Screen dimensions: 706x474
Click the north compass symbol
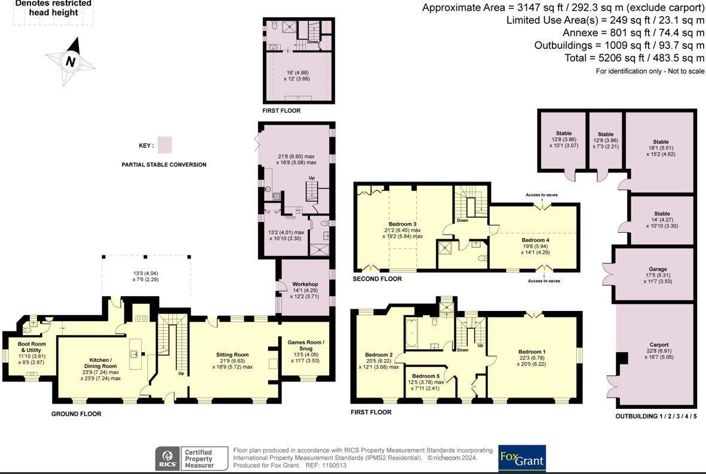(x=70, y=61)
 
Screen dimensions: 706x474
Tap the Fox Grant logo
(x=522, y=458)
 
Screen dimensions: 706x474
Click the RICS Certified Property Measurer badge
(x=185, y=458)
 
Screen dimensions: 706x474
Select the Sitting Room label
(x=232, y=355)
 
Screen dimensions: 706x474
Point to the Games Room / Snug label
(x=305, y=345)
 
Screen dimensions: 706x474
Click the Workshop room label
(x=305, y=284)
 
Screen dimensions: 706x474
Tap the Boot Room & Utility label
(x=32, y=347)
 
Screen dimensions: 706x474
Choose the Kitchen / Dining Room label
(x=100, y=364)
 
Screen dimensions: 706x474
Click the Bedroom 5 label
(x=425, y=376)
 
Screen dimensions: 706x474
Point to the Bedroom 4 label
(x=535, y=240)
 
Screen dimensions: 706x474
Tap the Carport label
(x=659, y=344)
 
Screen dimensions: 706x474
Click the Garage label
(x=658, y=269)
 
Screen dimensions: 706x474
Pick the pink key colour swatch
(x=167, y=146)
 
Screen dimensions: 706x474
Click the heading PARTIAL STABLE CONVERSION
(x=164, y=165)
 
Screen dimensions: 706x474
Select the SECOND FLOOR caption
(x=377, y=279)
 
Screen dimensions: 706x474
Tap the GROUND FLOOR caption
(x=76, y=414)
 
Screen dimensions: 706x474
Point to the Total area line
(x=634, y=58)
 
